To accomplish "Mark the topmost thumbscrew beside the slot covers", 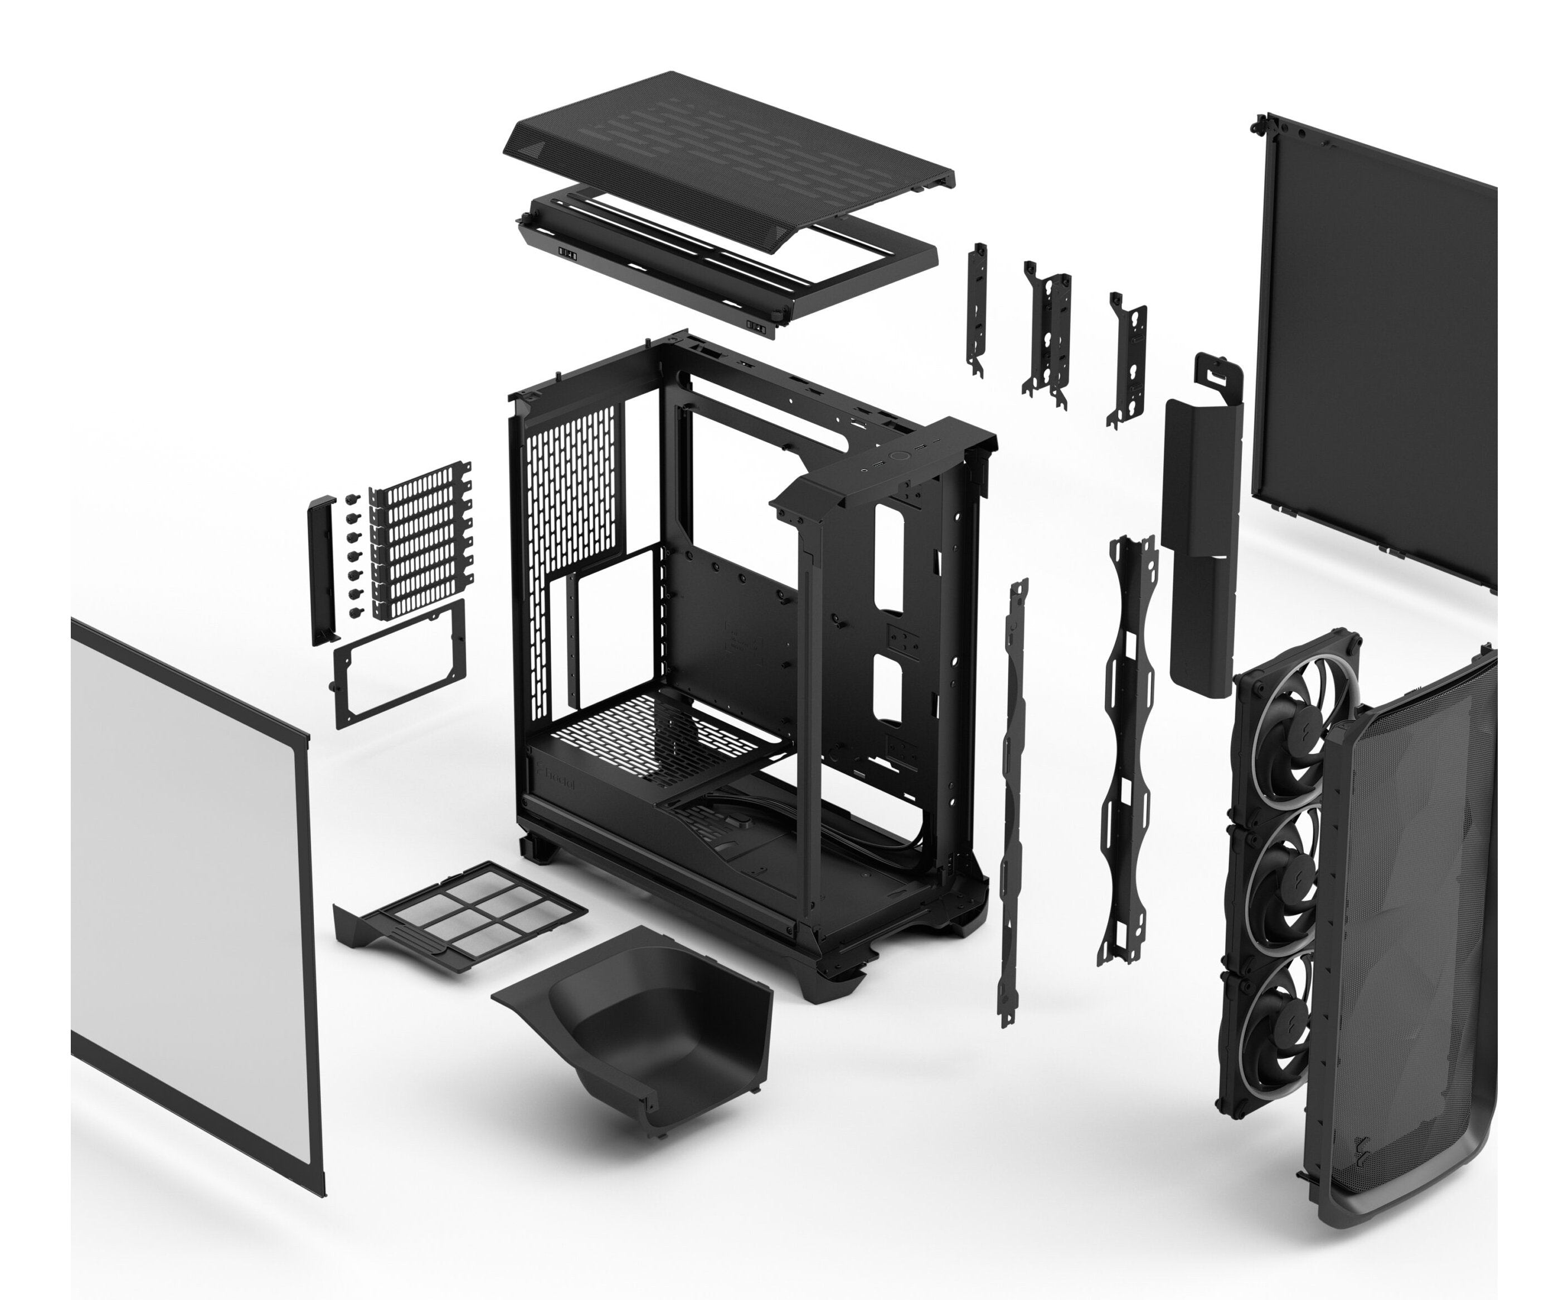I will coord(351,498).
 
